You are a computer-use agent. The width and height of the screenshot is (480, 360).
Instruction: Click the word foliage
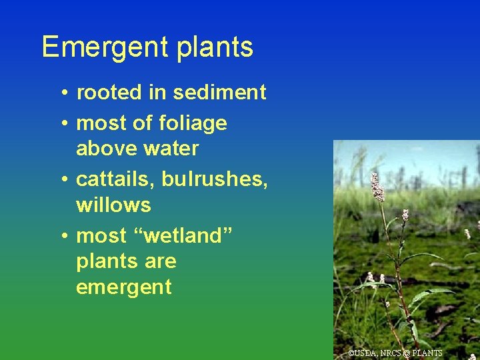pos(193,123)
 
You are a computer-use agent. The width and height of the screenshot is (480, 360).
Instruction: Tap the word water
pos(171,149)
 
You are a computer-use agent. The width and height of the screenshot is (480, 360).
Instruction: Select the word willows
pos(113,205)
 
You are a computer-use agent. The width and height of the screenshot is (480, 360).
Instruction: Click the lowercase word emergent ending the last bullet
pos(124,287)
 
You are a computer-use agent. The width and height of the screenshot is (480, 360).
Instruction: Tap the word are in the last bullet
pos(161,261)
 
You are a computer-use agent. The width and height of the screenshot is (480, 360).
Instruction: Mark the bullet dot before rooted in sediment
pos(61,93)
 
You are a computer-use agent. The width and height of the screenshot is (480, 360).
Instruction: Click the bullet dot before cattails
pos(61,180)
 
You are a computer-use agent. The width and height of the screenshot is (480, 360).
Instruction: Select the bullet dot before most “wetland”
pos(61,236)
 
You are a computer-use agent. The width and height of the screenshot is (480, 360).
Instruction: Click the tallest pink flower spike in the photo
pos(377,187)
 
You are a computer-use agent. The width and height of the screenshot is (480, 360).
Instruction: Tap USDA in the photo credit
pos(365,353)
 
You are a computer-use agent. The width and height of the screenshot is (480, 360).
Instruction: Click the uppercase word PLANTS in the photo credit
pos(427,353)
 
